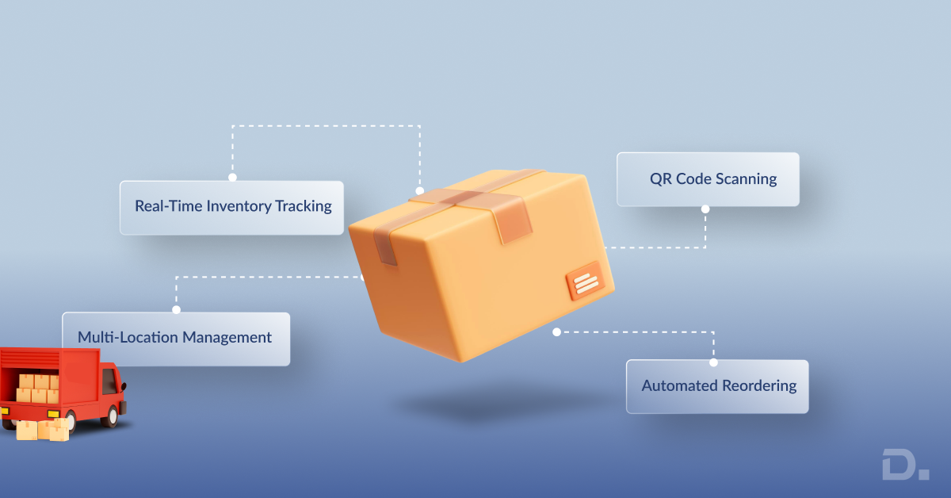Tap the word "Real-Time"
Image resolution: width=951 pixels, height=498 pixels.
(x=168, y=207)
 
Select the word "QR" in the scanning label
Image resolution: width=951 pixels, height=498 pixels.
(x=661, y=179)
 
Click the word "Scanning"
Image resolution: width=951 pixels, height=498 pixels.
(x=745, y=179)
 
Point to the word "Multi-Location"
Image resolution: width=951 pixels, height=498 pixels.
(x=128, y=338)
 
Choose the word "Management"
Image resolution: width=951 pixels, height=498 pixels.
(x=227, y=338)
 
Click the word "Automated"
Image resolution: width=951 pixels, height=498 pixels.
(x=679, y=386)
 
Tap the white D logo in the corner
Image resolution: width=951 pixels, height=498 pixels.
(x=903, y=464)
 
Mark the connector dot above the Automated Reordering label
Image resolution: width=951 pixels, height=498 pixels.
(x=713, y=362)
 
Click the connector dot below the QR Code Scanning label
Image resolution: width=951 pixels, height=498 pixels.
(x=705, y=209)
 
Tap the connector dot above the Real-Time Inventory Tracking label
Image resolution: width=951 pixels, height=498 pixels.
(x=232, y=178)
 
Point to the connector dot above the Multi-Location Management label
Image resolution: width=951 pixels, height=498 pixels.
(x=176, y=309)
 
